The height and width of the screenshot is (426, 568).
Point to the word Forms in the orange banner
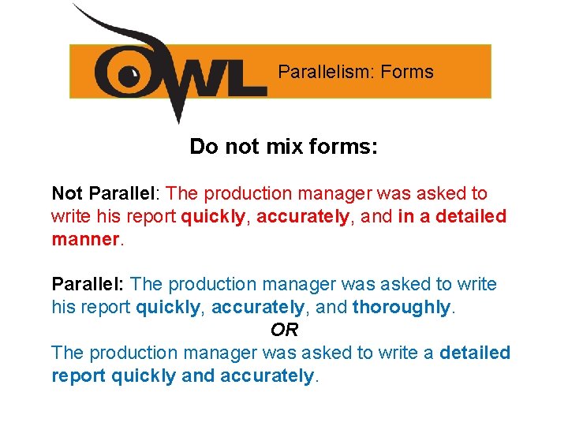pyautogui.click(x=407, y=72)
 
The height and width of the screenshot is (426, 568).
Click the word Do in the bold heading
pyautogui.click(x=204, y=147)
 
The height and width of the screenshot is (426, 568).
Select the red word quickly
pyautogui.click(x=213, y=216)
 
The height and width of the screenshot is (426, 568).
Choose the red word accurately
pyautogui.click(x=302, y=216)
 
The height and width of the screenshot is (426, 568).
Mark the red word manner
pyautogui.click(x=84, y=238)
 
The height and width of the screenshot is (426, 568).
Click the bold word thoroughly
pyautogui.click(x=402, y=307)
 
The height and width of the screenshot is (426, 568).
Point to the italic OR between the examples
pyautogui.click(x=284, y=330)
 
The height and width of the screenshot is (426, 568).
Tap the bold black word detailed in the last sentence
pyautogui.click(x=476, y=353)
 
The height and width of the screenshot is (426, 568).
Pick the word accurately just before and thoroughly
pyautogui.click(x=257, y=307)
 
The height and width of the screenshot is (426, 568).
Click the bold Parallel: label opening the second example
pyautogui.click(x=88, y=284)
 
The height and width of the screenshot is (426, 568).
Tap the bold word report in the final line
pyautogui.click(x=79, y=376)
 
